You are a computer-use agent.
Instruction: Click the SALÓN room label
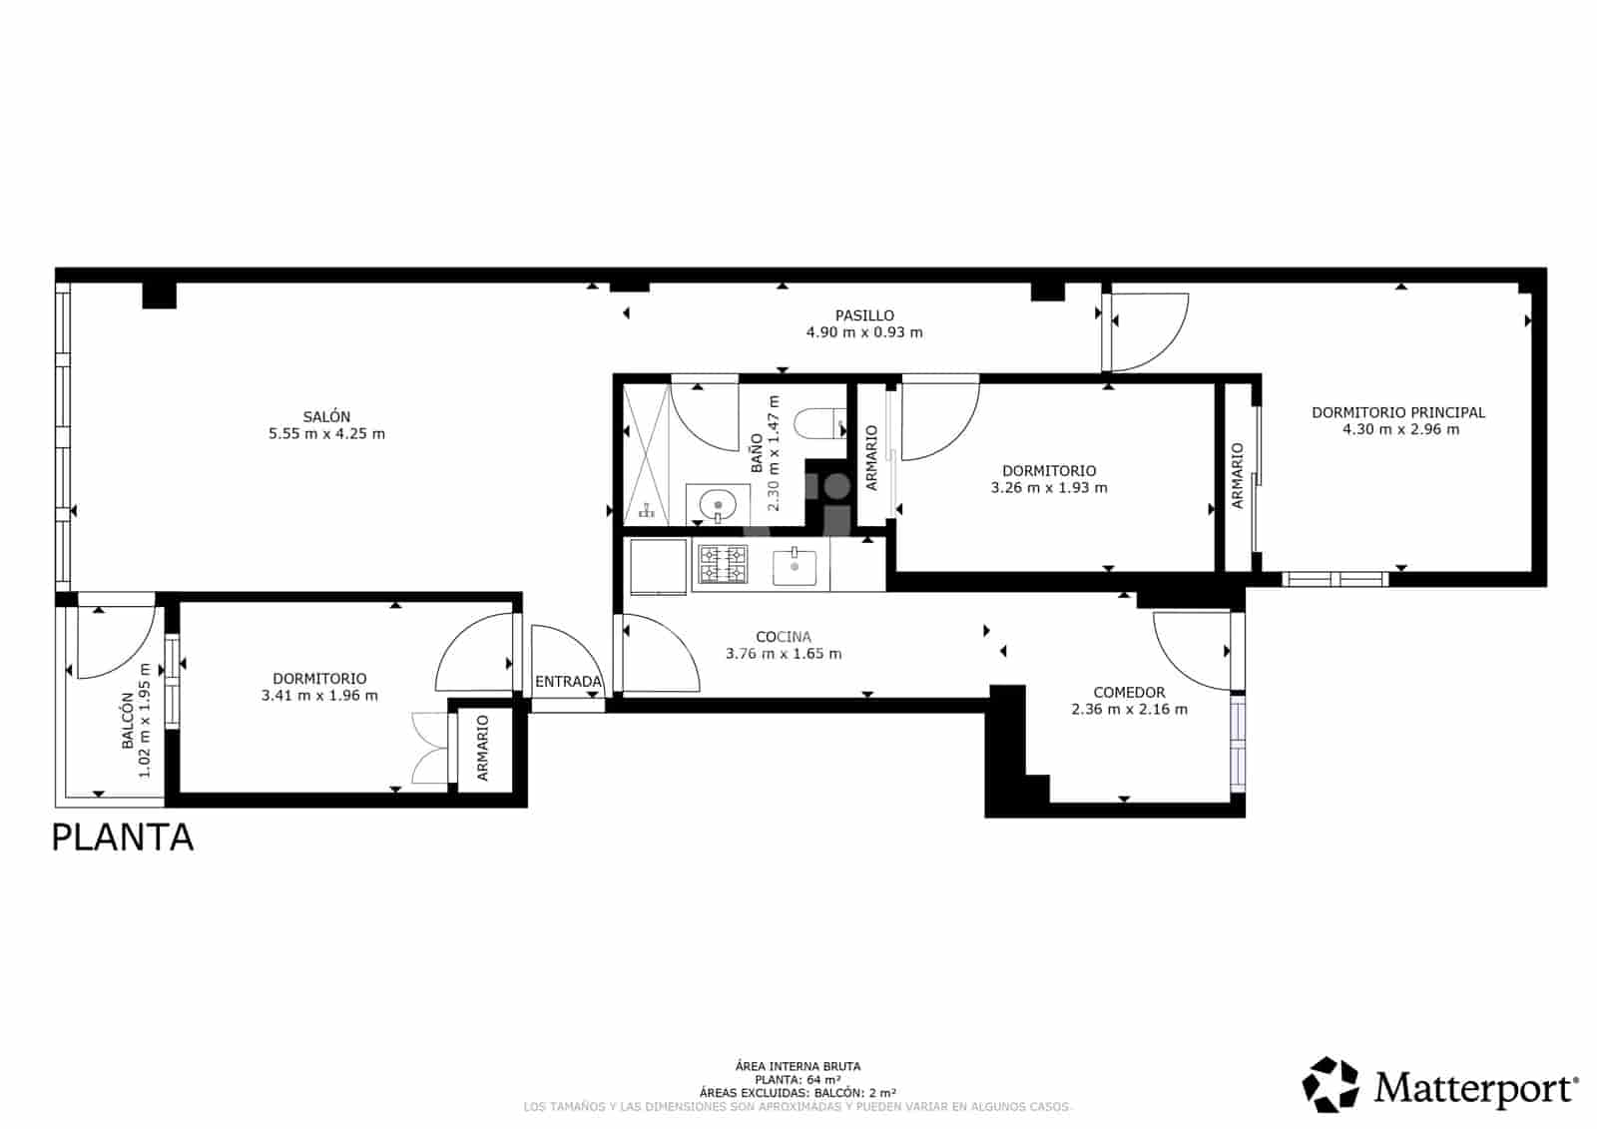tap(326, 416)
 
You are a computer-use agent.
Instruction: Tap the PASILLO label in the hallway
tap(864, 315)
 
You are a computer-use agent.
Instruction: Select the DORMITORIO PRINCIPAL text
tap(1397, 412)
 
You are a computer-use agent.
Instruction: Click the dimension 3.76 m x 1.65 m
tap(784, 654)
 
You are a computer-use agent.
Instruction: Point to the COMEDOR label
tap(1129, 692)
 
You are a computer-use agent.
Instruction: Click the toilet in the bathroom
tap(818, 423)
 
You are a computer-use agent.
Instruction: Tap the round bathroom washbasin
tap(718, 505)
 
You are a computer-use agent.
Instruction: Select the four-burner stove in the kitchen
tap(722, 565)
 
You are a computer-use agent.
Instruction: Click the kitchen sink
tap(795, 568)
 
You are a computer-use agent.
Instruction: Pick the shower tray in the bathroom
tap(646, 454)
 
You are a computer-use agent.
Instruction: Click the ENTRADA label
tap(568, 682)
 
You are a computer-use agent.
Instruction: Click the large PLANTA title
tap(122, 837)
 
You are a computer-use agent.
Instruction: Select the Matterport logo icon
tap(1331, 1084)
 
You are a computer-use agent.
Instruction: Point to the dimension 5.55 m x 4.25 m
tap(326, 433)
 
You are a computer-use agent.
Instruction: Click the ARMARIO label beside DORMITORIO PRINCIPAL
tap(1238, 476)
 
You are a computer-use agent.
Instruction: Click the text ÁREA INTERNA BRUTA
tap(797, 1066)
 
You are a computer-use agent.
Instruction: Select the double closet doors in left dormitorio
tap(429, 748)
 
